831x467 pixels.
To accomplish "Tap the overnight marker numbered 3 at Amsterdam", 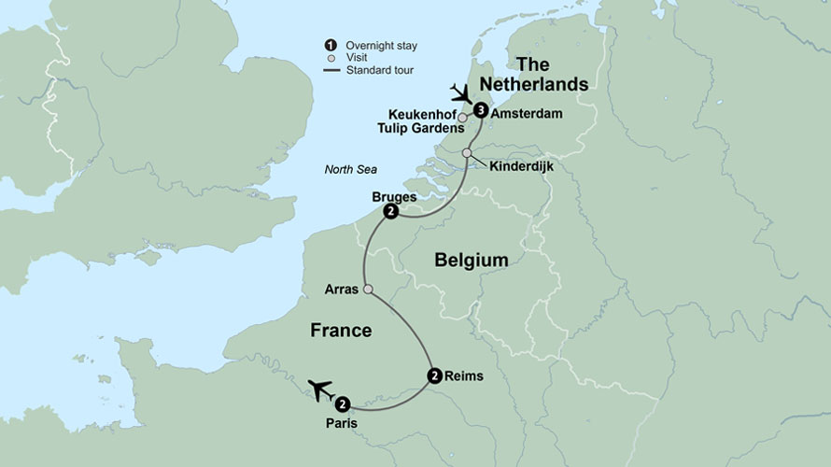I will (480, 110).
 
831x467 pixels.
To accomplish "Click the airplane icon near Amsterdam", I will (461, 93).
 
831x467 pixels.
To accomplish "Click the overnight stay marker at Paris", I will (343, 404).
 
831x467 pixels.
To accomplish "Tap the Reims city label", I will (466, 376).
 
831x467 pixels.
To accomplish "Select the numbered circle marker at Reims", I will (434, 376).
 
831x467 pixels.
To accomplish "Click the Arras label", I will (340, 289).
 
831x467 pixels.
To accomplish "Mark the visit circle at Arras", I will (368, 290).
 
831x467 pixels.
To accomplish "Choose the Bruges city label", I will (391, 197).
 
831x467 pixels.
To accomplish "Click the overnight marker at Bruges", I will (390, 213).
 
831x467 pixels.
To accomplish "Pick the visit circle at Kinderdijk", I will (467, 153).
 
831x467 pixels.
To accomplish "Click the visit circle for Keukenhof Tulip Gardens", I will (462, 118).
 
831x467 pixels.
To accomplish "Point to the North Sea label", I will (349, 169).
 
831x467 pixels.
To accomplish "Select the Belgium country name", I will (471, 261).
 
